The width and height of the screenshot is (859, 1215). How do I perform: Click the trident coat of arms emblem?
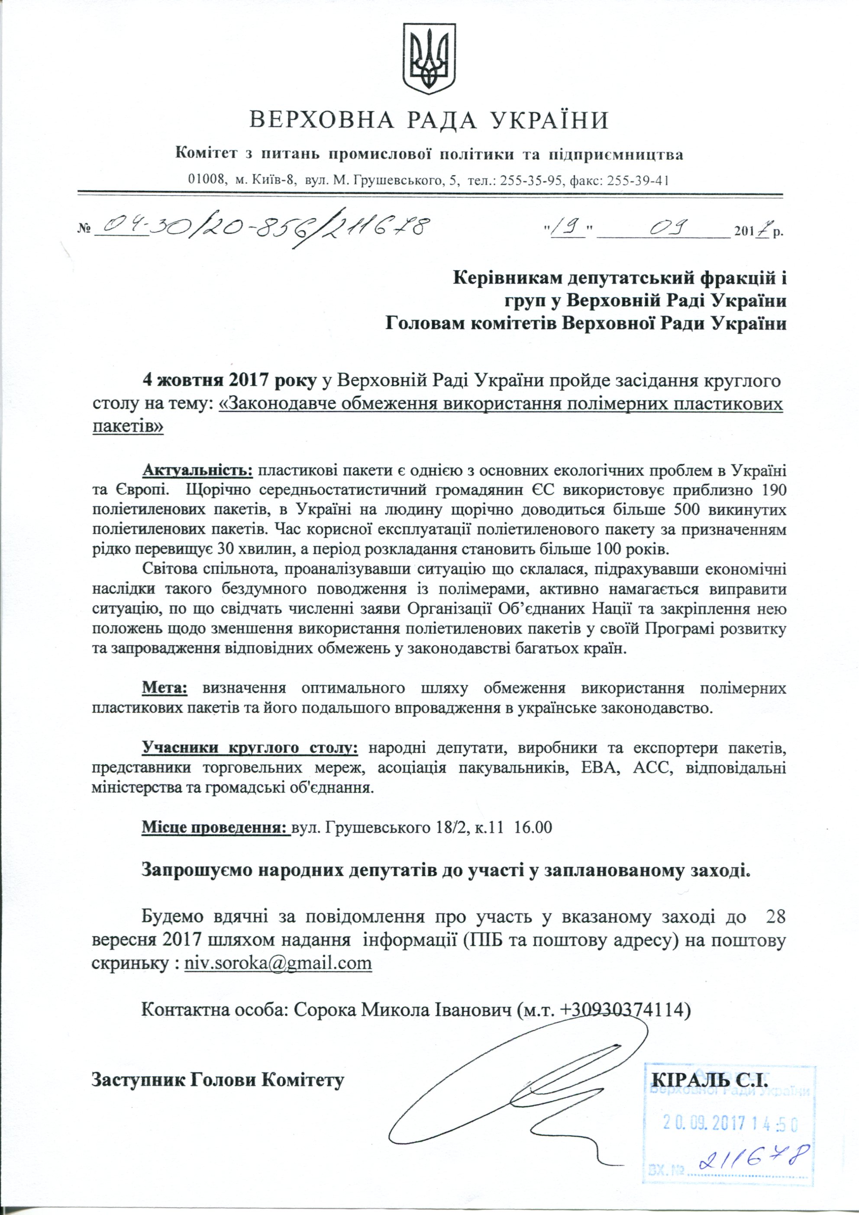429,59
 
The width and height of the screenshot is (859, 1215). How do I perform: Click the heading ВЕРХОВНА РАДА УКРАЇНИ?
429,121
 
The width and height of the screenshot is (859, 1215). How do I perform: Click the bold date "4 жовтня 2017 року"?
229,380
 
